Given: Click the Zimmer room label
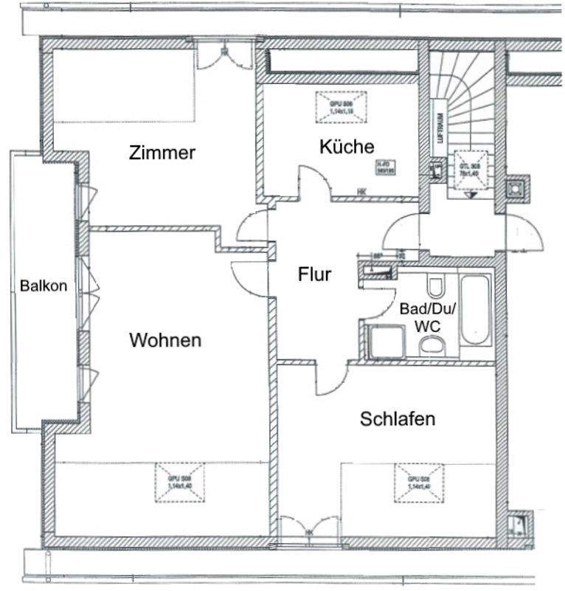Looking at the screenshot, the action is [x=162, y=153].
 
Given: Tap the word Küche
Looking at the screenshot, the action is [x=346, y=147].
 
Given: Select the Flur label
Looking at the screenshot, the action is [x=315, y=274].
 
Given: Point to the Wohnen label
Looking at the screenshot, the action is [x=165, y=341].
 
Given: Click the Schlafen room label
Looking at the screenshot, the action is [x=397, y=420].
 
